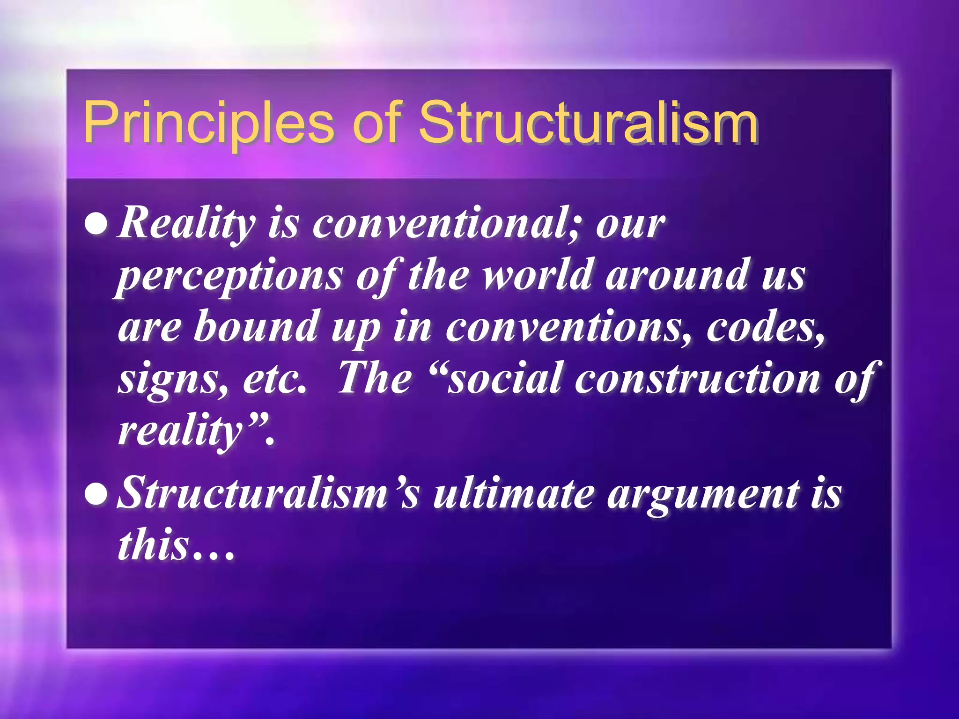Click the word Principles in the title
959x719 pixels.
(x=208, y=123)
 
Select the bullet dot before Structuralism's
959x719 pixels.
(x=96, y=495)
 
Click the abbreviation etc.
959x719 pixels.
(x=274, y=379)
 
